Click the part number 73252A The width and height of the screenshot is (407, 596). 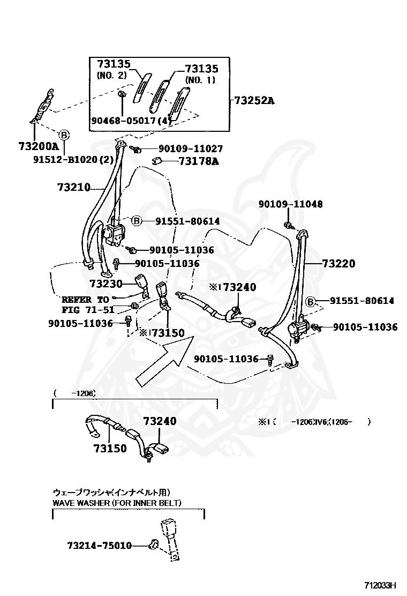coord(253,100)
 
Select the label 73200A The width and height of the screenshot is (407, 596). coord(38,146)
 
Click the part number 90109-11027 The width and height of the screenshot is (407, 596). coord(190,149)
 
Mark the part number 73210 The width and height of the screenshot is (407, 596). coord(73,188)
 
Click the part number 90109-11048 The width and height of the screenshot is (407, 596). coord(298,204)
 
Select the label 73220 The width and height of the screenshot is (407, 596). coord(338,264)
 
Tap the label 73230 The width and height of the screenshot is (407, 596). coord(106,284)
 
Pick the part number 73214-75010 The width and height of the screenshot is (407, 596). coord(100,545)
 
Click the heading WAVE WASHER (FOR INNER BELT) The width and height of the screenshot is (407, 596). coord(117,503)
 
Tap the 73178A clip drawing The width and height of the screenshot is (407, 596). coord(157,160)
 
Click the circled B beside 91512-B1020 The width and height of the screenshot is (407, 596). coord(63,135)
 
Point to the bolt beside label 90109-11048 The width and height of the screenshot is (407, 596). coord(288,225)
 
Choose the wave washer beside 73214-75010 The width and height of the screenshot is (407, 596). coord(153,545)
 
